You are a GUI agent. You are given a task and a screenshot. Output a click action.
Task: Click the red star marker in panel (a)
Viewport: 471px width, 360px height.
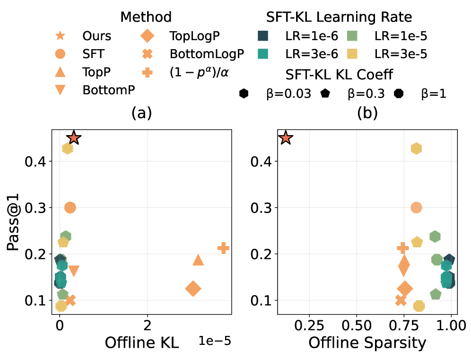[74, 138]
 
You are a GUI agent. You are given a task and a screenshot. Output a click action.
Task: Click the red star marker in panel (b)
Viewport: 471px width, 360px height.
[286, 138]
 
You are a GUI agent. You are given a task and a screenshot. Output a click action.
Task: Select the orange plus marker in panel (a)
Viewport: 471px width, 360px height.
[223, 248]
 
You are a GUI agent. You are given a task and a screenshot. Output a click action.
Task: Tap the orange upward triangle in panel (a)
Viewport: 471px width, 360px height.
[198, 260]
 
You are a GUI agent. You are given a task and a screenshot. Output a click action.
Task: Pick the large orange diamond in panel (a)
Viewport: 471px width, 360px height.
[193, 289]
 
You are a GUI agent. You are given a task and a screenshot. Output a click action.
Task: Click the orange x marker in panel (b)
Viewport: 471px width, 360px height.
[401, 300]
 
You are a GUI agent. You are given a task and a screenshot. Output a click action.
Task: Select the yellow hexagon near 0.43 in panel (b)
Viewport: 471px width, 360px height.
[416, 148]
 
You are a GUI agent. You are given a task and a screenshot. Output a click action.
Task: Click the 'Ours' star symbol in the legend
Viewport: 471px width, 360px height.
[61, 35]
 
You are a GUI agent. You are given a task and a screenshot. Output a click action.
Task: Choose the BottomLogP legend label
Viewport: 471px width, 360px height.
[207, 53]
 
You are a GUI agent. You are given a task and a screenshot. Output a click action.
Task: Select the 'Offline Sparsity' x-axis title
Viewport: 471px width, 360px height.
[367, 343]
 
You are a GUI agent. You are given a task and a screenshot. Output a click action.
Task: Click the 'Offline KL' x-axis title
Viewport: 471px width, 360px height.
[142, 343]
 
